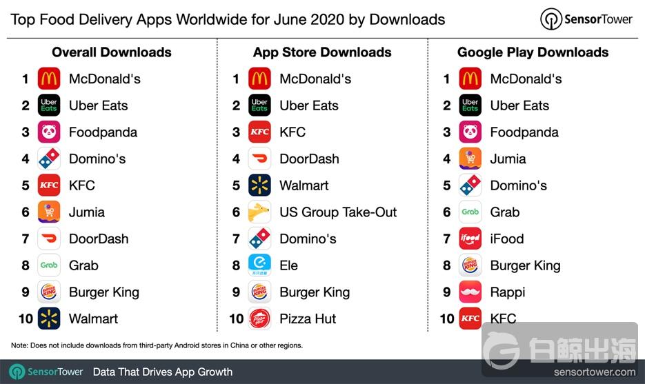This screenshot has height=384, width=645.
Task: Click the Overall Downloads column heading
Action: point(111,52)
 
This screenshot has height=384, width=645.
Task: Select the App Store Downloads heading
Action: point(322,52)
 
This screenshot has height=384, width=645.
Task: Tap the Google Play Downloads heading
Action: point(533,52)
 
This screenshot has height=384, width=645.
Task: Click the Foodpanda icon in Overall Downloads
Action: point(49,132)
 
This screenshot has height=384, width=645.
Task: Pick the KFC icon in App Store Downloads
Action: point(259,132)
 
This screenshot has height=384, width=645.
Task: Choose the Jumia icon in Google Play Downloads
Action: point(470,159)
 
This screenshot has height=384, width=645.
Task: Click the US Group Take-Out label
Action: point(338,212)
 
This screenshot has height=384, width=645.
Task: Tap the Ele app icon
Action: point(259,265)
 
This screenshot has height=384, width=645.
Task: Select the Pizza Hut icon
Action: point(259,319)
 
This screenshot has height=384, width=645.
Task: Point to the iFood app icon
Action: point(470,239)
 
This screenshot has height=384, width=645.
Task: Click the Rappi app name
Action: point(507,292)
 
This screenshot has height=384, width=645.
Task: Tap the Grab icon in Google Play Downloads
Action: point(470,212)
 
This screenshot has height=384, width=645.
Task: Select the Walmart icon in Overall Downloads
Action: point(49,319)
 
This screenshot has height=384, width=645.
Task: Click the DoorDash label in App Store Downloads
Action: point(309,159)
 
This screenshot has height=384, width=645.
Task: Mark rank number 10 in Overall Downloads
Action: point(25,319)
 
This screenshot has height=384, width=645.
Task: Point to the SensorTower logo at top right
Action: point(586,19)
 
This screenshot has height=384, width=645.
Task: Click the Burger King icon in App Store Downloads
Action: point(259,292)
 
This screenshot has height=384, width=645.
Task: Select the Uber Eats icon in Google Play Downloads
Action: point(470,105)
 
